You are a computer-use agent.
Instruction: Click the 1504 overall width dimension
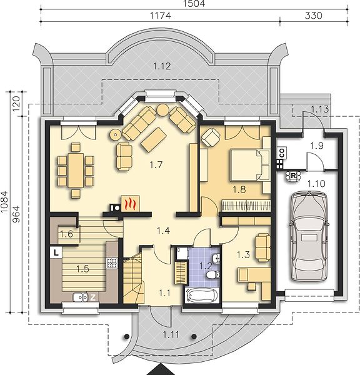tap(194, 3)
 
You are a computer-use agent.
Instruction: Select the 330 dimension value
tap(313, 16)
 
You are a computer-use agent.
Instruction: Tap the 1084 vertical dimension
tap(4, 202)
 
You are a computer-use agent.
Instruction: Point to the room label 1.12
tap(162, 66)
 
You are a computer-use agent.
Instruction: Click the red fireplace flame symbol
tap(131, 204)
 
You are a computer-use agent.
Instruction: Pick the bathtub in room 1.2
tap(202, 295)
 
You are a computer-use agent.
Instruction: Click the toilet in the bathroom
tap(212, 275)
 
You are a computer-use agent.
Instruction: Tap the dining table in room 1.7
tap(76, 170)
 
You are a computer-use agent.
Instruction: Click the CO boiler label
tap(282, 153)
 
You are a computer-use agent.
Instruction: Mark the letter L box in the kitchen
tap(56, 252)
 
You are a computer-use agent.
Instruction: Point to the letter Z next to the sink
tap(92, 297)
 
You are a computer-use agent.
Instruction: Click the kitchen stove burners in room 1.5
tap(112, 263)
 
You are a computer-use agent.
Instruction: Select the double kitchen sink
tap(81, 297)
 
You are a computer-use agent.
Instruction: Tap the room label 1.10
tap(316, 184)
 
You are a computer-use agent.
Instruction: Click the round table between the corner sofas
tap(163, 110)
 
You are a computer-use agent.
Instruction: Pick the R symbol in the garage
tap(293, 176)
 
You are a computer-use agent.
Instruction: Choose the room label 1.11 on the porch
tap(171, 334)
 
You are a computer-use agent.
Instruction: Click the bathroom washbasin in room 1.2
tap(216, 259)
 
